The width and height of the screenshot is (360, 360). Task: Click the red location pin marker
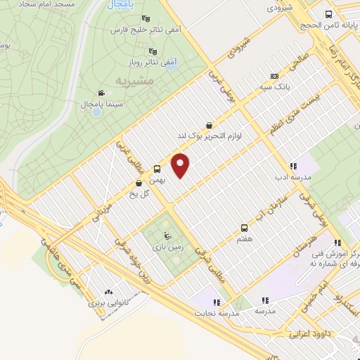181,165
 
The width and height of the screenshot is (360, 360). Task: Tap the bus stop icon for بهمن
157,169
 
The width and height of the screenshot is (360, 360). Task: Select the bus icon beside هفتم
245,228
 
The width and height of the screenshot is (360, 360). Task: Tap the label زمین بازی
165,247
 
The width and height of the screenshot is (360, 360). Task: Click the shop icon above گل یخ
138,184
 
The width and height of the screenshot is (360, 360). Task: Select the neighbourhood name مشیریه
131,81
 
